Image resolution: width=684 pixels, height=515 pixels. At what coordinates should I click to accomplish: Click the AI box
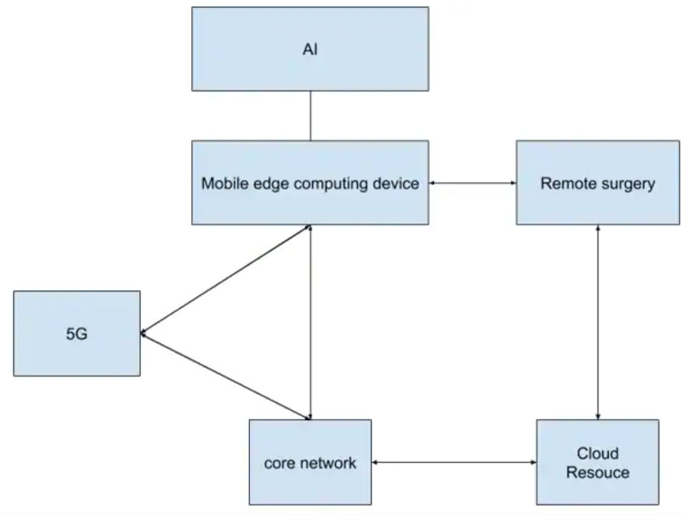310,49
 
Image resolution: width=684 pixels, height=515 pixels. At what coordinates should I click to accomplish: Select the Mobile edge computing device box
310,182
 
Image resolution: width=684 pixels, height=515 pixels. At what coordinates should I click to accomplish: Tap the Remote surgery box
597,182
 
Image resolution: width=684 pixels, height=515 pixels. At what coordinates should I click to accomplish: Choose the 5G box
77,333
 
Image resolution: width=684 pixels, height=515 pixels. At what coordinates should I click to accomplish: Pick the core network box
310,462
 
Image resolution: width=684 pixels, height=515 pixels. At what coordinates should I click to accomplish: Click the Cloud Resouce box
597,462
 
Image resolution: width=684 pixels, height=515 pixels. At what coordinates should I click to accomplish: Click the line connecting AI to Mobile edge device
310,116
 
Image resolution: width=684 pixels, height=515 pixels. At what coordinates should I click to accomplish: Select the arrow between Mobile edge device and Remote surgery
472,182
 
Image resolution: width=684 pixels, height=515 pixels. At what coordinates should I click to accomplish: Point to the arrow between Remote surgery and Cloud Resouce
597,322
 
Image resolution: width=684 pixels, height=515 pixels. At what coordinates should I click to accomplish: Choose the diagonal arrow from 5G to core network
226,376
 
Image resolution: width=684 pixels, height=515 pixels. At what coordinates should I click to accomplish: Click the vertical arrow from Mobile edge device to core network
310,322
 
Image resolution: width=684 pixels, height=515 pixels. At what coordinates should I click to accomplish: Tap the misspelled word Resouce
598,472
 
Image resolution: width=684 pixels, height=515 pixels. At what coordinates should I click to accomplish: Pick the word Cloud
598,454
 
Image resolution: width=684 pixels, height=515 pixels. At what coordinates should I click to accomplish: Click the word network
330,463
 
